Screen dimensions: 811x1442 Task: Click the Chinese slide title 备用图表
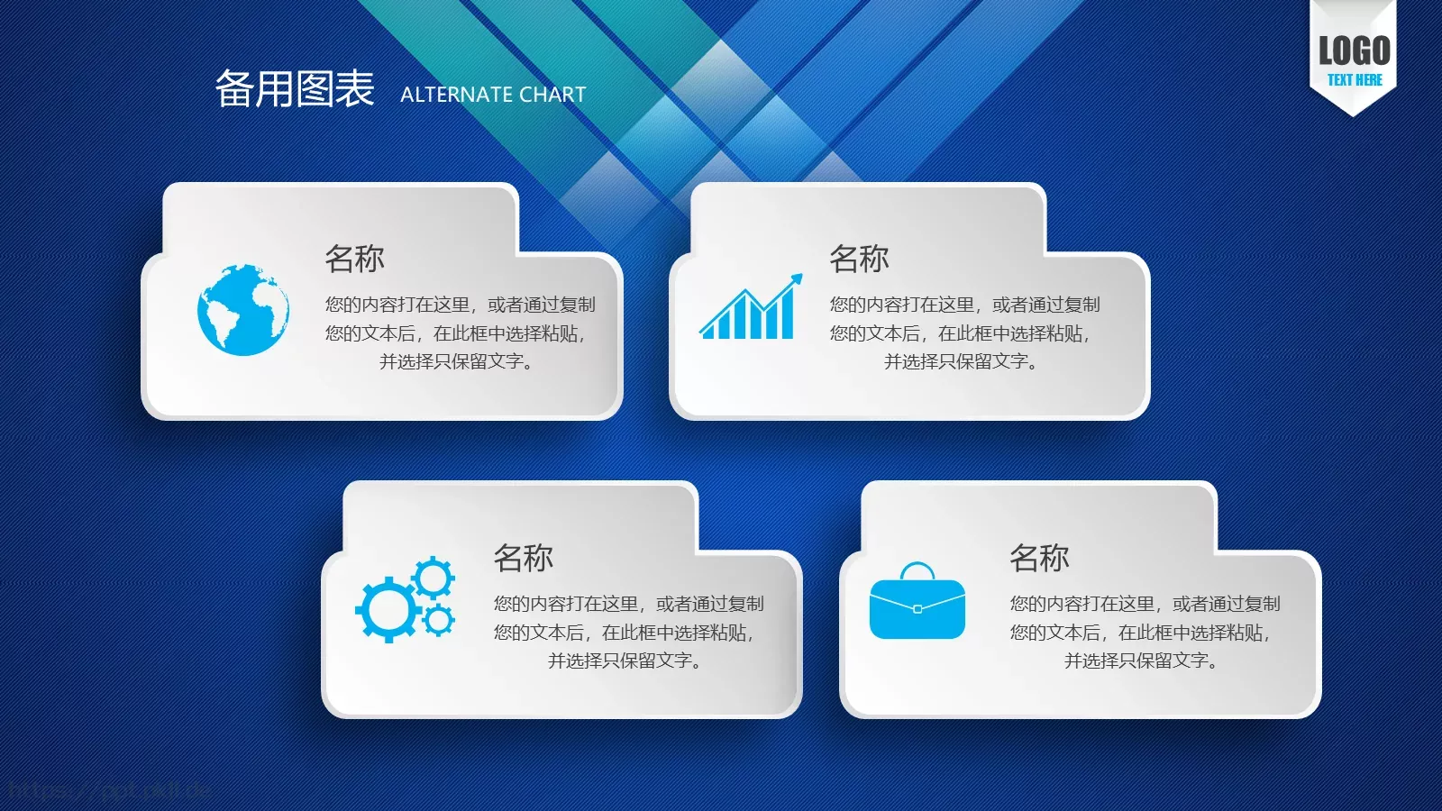click(294, 89)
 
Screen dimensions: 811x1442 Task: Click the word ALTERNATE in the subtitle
click(456, 95)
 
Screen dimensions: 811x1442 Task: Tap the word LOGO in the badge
click(1354, 50)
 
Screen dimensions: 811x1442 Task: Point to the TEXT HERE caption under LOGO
click(1354, 80)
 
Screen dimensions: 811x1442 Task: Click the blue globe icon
click(243, 309)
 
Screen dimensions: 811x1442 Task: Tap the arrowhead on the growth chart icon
click(795, 279)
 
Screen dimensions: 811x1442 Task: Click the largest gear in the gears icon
click(388, 610)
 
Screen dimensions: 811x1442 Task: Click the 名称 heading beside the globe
click(354, 259)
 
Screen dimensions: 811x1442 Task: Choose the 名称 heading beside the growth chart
click(859, 259)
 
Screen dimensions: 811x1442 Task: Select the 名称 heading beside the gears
click(523, 558)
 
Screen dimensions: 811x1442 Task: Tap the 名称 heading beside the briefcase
click(1039, 558)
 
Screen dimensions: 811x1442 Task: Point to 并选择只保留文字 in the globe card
click(457, 361)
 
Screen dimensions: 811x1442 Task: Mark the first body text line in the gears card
click(628, 604)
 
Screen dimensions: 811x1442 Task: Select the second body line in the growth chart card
click(960, 333)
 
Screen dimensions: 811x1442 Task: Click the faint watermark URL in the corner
click(108, 791)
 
